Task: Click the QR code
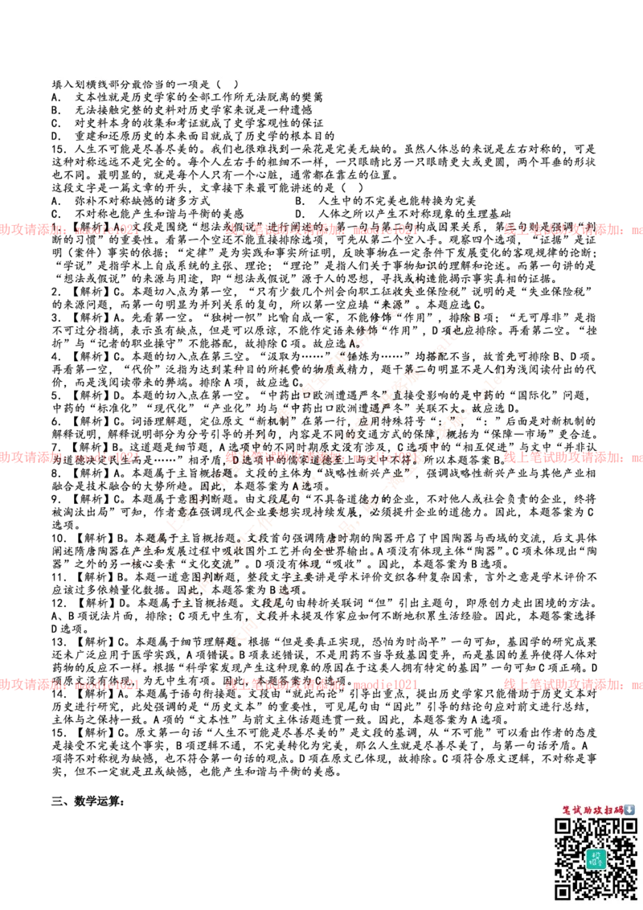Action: [596, 859]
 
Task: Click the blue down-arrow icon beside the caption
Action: [630, 810]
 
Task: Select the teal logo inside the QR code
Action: [596, 859]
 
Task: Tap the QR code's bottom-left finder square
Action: [563, 891]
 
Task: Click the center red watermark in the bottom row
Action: [321, 685]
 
